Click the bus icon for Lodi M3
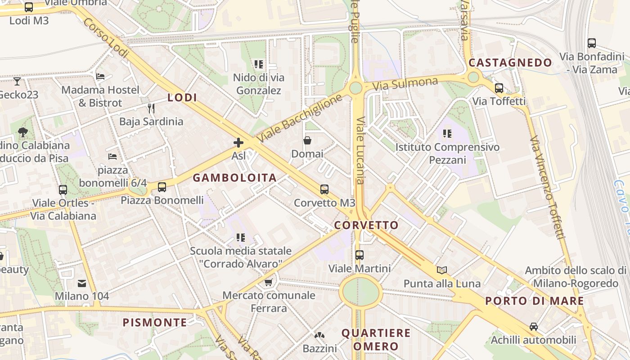[29, 7]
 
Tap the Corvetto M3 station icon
[324, 189]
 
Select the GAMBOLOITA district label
[234, 178]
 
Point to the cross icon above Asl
[238, 143]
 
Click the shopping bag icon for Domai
[307, 141]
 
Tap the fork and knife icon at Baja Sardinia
[151, 108]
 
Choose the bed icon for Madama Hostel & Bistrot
[100, 76]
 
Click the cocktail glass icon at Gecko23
[17, 81]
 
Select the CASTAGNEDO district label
[510, 63]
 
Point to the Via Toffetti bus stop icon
[499, 88]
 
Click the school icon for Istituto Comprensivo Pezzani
[447, 134]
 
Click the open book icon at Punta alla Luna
[442, 270]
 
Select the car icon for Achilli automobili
[534, 326]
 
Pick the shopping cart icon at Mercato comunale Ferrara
[269, 282]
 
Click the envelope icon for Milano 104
[82, 283]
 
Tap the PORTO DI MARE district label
[535, 301]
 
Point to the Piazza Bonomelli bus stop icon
[162, 187]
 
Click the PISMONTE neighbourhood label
[155, 322]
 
